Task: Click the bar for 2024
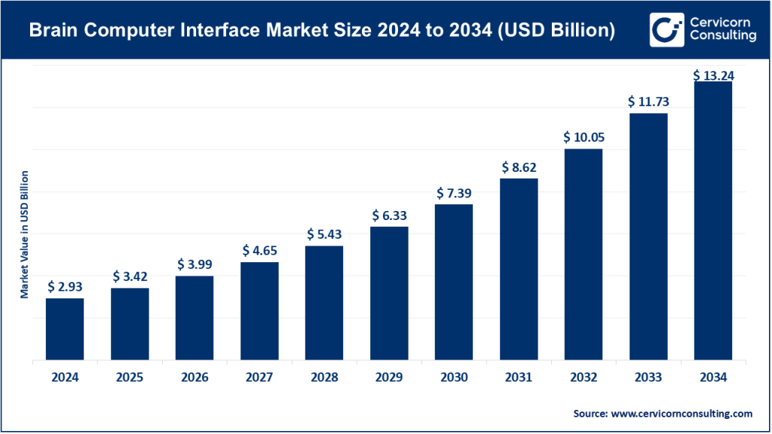(65, 330)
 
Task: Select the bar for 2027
(259, 312)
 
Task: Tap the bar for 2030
(454, 283)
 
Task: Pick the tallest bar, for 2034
(713, 222)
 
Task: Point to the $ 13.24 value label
(713, 75)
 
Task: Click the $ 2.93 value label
(65, 286)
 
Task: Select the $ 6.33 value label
(389, 215)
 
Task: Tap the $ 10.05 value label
(584, 138)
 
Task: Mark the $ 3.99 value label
(195, 264)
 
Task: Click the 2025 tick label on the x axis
(130, 377)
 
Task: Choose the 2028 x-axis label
(324, 377)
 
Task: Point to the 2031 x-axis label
(519, 377)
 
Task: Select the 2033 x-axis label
(648, 377)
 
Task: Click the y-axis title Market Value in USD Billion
(24, 234)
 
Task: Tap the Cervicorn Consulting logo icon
(665, 29)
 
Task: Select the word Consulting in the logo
(718, 38)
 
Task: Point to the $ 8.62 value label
(519, 167)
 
